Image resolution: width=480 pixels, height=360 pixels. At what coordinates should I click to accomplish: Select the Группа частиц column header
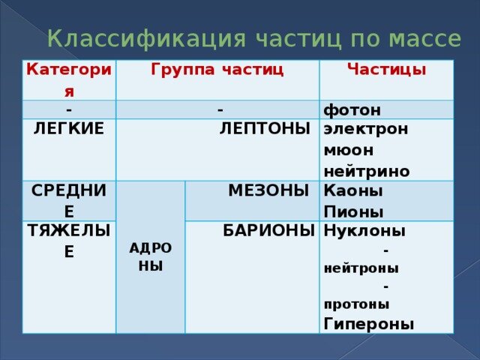[217, 70]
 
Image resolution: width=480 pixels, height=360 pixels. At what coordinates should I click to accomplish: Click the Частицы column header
[386, 69]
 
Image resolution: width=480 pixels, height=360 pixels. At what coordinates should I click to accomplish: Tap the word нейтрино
[367, 171]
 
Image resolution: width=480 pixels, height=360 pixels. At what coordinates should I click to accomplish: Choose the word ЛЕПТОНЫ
[265, 128]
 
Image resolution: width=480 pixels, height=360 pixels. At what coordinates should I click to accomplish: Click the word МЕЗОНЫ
[268, 190]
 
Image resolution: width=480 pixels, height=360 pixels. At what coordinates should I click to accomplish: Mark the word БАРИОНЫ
[268, 230]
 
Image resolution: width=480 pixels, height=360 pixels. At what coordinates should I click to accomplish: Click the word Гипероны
[368, 324]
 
